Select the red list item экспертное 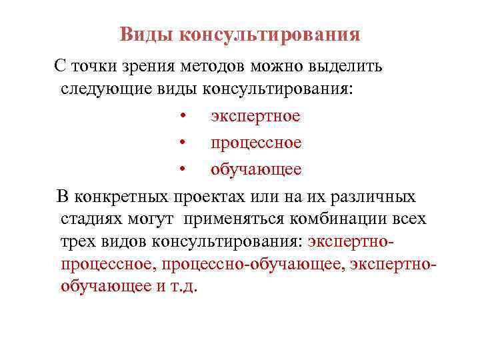255,117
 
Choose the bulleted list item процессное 256,143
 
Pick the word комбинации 351,219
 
